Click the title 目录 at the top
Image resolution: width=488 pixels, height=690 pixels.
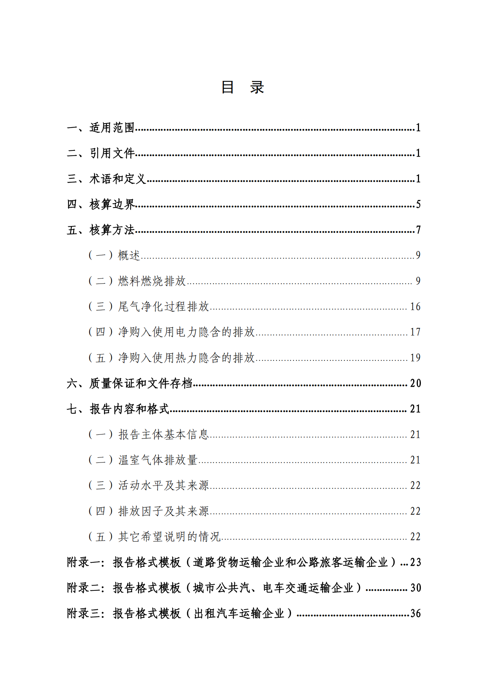(242, 87)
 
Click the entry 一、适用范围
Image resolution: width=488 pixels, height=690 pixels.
(101, 128)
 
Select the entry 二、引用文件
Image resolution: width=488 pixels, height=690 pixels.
(101, 153)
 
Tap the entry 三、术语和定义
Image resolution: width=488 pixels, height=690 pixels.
(107, 179)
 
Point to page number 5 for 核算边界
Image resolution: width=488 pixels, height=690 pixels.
(418, 204)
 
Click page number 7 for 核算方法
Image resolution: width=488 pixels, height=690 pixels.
(418, 230)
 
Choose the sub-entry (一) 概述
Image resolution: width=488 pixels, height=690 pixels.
(114, 255)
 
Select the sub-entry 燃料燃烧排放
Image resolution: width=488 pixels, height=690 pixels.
(152, 281)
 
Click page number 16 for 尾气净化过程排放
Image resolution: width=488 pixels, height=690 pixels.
(415, 307)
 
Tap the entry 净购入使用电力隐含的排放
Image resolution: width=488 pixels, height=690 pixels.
(186, 332)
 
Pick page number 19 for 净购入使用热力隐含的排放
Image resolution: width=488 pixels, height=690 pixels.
(415, 358)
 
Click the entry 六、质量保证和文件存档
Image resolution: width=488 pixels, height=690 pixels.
(129, 384)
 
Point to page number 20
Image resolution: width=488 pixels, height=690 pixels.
(415, 384)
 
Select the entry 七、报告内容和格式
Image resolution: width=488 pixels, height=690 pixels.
(118, 409)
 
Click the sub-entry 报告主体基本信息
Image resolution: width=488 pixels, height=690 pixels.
(163, 434)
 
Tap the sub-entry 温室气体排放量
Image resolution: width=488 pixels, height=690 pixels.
(158, 460)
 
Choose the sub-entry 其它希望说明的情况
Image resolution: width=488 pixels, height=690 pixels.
(169, 537)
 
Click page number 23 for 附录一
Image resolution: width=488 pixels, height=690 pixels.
(415, 562)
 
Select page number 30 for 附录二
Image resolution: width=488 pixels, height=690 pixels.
(415, 588)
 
